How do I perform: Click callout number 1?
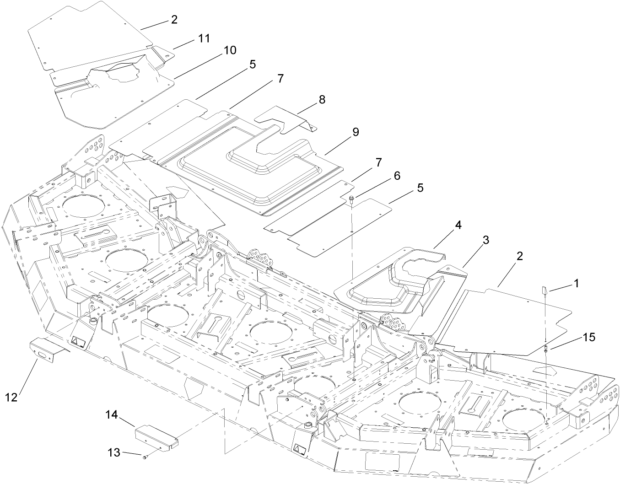pyautogui.click(x=576, y=284)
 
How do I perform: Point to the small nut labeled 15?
pyautogui.click(x=546, y=350)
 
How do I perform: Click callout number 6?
pyautogui.click(x=397, y=175)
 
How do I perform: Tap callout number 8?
pyautogui.click(x=322, y=100)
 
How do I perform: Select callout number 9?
pyautogui.click(x=355, y=132)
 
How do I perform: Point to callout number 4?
pyautogui.click(x=458, y=225)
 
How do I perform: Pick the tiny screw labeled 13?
pyautogui.click(x=145, y=457)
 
